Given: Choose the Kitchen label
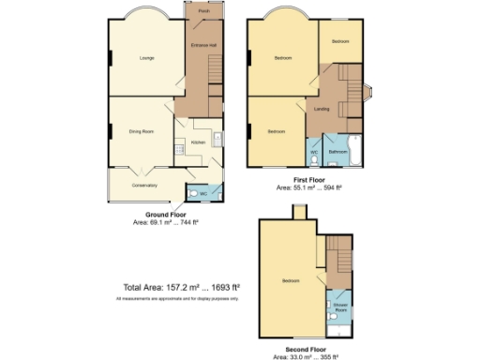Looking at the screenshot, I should tap(198, 142).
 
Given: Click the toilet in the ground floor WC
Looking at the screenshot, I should tap(194, 194).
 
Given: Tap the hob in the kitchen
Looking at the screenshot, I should tap(217, 142).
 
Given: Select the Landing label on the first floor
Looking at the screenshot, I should tap(322, 110).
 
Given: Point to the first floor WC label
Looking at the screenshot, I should tap(313, 151).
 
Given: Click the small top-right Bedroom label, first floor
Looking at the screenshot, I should tap(340, 42).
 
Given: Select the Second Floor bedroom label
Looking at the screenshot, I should tap(290, 280).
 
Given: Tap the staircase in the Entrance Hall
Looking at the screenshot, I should tap(214, 69).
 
